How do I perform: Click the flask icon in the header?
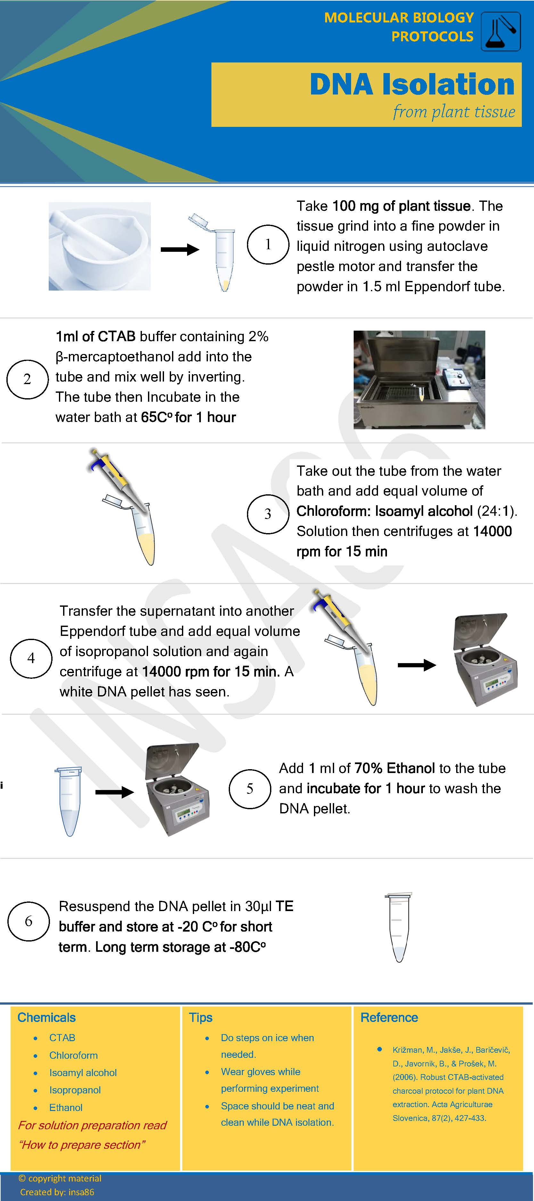coord(500,32)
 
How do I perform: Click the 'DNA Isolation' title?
coord(412,84)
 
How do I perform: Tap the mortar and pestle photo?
coord(99,246)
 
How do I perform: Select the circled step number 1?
coord(268,244)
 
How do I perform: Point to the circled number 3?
coord(268,514)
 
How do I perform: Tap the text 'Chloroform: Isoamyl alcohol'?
coord(384,511)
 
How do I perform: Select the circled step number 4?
coord(31,658)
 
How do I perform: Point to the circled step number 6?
coord(29,921)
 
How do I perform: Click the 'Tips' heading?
coord(201,1017)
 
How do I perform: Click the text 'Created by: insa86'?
coord(57,1192)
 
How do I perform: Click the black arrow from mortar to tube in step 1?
coord(180,250)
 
